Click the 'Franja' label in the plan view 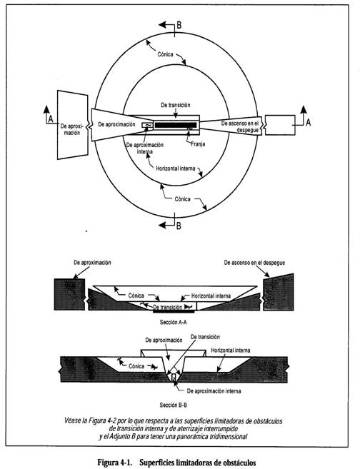click(x=198, y=144)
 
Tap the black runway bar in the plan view click(x=176, y=125)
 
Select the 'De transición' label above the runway click(x=176, y=105)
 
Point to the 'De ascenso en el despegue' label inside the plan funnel click(x=240, y=126)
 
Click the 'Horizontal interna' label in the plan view click(x=176, y=168)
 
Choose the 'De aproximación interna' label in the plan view click(x=145, y=148)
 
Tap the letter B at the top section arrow click(x=179, y=25)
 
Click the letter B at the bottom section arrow click(x=179, y=226)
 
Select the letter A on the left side click(x=51, y=119)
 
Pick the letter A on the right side click(x=308, y=122)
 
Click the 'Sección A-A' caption click(x=174, y=322)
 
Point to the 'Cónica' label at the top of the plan click(x=165, y=54)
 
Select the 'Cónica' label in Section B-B click(x=136, y=366)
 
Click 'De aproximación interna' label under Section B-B click(x=214, y=391)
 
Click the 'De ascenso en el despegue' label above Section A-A click(x=254, y=263)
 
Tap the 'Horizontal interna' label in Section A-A click(x=211, y=296)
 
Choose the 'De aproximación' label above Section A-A click(x=92, y=263)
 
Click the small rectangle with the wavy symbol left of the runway click(x=147, y=125)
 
